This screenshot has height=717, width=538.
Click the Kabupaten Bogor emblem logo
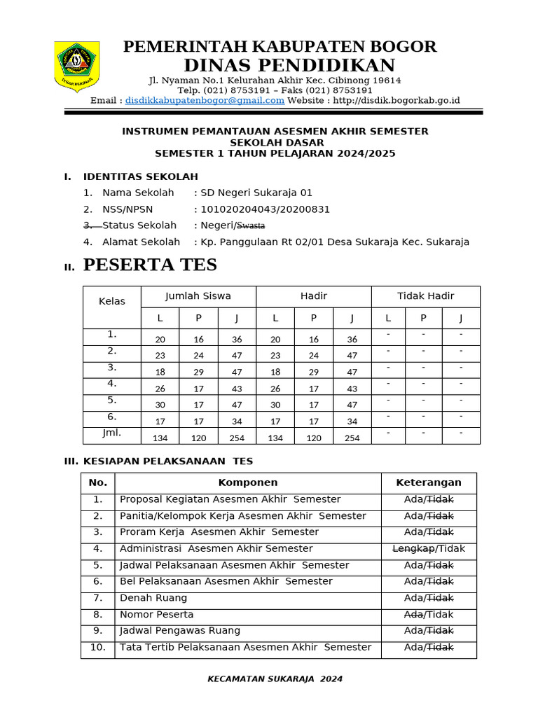[x=76, y=67]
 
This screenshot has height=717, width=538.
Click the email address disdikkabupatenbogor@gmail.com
[x=205, y=100]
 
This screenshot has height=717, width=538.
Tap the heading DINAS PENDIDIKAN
[x=289, y=66]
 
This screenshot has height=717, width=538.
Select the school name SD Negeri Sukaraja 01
[x=256, y=193]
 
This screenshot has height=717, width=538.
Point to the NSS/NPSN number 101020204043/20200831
[x=265, y=209]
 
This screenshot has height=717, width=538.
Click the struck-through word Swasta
[x=251, y=225]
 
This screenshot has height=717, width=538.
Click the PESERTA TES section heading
[x=150, y=265]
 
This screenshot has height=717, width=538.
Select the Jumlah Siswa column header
[x=198, y=296]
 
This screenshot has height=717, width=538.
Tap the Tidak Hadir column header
[x=425, y=296]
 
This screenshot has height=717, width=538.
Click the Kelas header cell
[x=112, y=301]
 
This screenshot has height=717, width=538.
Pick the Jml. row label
[x=112, y=433]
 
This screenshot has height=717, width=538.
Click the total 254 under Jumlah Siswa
[x=237, y=438]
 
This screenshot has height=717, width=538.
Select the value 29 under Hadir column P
[x=313, y=373]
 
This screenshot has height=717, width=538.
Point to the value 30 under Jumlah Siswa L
[x=160, y=405]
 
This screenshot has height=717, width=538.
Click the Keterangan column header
[x=429, y=482]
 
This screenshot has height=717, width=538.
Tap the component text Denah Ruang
[x=153, y=598]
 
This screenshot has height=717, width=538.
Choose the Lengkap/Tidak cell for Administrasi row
[x=429, y=548]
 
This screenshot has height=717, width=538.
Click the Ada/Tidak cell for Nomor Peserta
[x=429, y=614]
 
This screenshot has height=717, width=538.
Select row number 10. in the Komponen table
[x=98, y=647]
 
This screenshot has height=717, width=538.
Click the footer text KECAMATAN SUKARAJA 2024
[x=275, y=678]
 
